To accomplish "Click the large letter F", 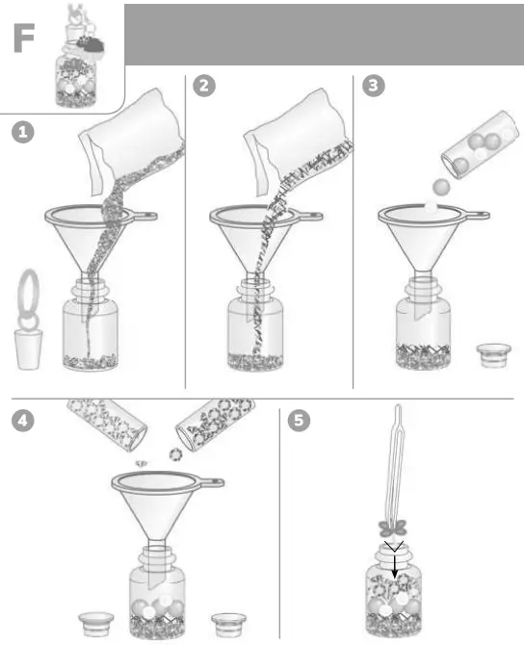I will [x=27, y=38].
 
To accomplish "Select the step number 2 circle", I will [x=204, y=86].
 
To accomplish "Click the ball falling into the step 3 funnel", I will [x=441, y=185].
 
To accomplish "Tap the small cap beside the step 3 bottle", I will [x=493, y=354].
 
